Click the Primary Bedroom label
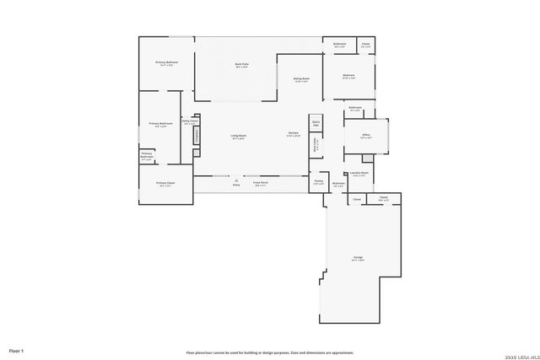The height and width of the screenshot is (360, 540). tap(166, 62)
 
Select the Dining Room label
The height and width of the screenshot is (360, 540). tap(301, 79)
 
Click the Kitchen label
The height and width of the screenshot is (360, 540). tap(294, 135)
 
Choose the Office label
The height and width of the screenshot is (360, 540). tap(366, 136)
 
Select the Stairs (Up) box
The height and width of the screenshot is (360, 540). tap(316, 123)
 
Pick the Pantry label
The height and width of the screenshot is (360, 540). tap(318, 181)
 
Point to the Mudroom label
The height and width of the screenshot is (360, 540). tap(338, 183)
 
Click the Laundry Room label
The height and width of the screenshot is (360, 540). tap(359, 173)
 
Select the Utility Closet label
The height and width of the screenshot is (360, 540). tap(190, 121)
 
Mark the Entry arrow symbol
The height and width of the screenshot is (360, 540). tap(236, 178)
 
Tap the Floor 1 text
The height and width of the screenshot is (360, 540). tap(16, 349)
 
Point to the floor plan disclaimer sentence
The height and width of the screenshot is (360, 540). tap(270, 354)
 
